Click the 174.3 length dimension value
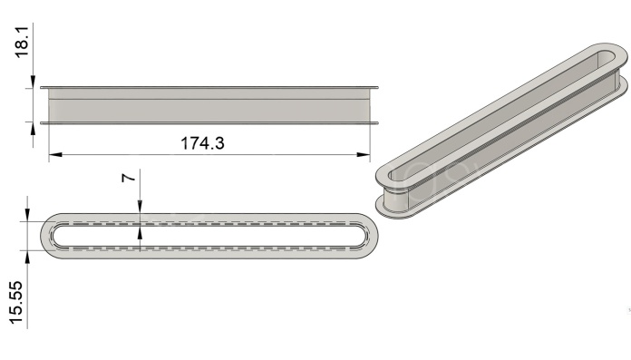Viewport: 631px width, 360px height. (x=202, y=143)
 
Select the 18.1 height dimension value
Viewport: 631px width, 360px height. (x=22, y=42)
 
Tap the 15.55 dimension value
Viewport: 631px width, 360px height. (x=16, y=302)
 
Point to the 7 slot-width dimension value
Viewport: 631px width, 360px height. (x=128, y=177)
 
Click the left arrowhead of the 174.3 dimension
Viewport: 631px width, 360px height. (x=55, y=155)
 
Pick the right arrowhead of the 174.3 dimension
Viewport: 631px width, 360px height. (x=364, y=155)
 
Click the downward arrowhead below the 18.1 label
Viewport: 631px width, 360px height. (x=33, y=81)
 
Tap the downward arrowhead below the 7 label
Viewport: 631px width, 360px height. (x=140, y=206)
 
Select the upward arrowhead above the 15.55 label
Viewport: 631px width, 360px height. (x=27, y=257)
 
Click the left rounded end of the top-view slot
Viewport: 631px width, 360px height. (x=52, y=236)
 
